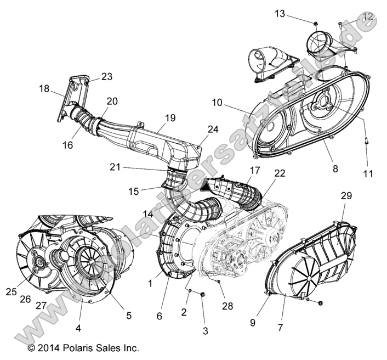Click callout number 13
[x=280, y=14]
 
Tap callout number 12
[x=368, y=16]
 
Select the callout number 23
[x=106, y=77]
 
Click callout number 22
[x=280, y=173]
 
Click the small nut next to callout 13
[x=316, y=22]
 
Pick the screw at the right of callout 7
[x=320, y=302]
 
